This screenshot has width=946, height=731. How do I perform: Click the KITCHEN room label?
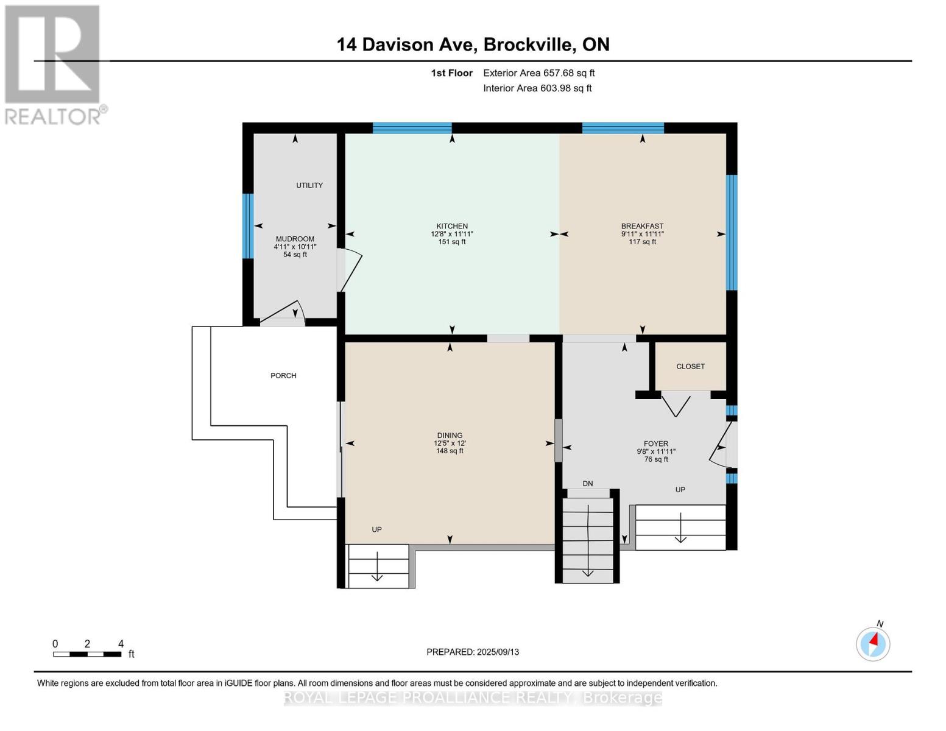click(x=451, y=226)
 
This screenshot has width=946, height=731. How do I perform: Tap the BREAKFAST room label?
click(x=642, y=226)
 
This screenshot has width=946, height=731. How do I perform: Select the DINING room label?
click(x=450, y=436)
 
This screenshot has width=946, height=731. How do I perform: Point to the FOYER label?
click(x=656, y=444)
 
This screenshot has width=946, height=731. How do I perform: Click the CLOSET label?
click(x=690, y=367)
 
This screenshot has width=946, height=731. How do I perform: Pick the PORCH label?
click(x=283, y=376)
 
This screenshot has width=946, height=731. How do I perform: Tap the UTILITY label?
click(x=309, y=185)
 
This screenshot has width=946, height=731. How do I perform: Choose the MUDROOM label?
click(x=295, y=239)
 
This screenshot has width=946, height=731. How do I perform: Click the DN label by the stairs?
click(x=587, y=484)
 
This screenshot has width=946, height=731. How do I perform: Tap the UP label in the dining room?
click(x=376, y=530)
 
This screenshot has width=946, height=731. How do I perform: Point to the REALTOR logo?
click(x=54, y=65)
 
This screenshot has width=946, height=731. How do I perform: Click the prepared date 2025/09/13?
click(x=473, y=652)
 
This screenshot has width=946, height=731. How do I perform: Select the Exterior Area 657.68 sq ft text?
click(x=538, y=73)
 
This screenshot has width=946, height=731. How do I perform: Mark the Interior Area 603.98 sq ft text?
click(x=537, y=88)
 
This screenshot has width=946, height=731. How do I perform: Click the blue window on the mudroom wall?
click(x=247, y=226)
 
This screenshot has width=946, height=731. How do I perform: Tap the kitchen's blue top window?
click(x=412, y=128)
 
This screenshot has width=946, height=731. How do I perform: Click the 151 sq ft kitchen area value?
click(x=451, y=242)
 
